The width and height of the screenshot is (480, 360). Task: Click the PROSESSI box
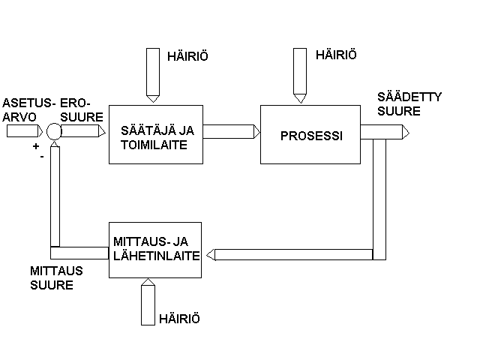click(310, 136)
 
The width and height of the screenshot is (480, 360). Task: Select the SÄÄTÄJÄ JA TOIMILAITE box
click(156, 136)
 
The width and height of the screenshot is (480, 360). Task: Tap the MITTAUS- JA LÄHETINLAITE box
click(156, 249)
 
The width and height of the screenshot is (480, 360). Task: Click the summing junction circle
click(54, 132)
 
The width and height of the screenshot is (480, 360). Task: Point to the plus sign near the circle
click(35, 147)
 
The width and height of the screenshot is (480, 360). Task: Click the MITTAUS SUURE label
click(56, 277)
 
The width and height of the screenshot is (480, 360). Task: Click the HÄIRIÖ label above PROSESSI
click(335, 55)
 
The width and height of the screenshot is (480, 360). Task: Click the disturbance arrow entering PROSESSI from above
click(299, 75)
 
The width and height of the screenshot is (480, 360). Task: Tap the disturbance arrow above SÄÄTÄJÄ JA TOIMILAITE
click(153, 75)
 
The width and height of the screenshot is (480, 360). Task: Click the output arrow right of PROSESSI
click(385, 133)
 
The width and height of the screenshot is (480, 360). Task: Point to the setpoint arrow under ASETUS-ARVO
click(24, 132)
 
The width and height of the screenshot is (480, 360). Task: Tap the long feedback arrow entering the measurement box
click(292, 254)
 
